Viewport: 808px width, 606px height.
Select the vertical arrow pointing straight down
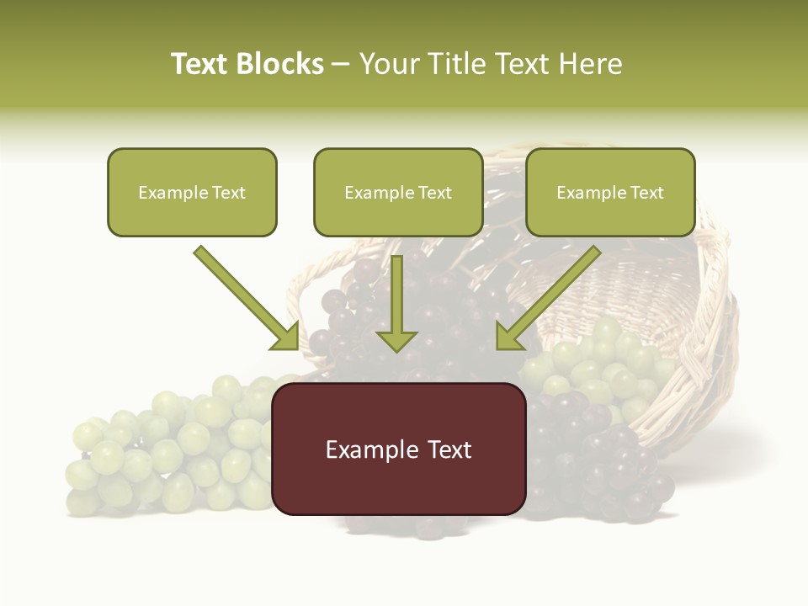point(396,303)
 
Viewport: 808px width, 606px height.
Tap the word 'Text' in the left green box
point(229,193)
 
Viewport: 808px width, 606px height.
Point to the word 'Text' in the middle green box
point(435,193)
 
